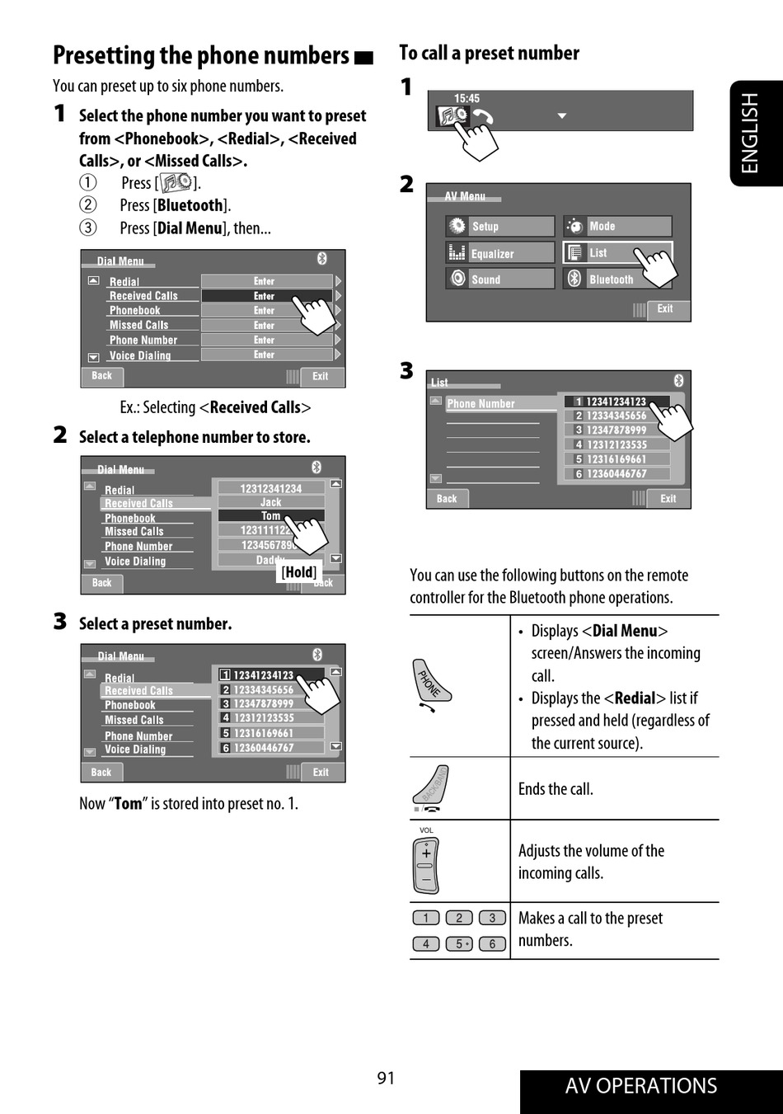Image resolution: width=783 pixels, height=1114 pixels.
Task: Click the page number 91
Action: [x=386, y=1078]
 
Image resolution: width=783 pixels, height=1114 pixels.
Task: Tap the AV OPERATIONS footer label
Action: [x=640, y=1086]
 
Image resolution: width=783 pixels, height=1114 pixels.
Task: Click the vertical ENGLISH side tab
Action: [x=750, y=133]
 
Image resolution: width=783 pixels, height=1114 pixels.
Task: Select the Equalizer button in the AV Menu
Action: [x=500, y=253]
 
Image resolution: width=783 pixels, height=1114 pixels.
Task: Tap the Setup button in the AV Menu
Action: [x=500, y=226]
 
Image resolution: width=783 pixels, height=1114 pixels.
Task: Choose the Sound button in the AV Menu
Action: [x=500, y=280]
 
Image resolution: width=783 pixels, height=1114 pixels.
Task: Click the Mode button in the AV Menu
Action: [x=617, y=226]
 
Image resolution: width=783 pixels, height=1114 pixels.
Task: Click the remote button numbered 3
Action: [x=492, y=918]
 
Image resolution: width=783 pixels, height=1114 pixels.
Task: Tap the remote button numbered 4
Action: [x=425, y=944]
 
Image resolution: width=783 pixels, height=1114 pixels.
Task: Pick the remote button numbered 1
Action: [x=425, y=918]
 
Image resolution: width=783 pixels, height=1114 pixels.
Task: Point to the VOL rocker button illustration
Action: [x=426, y=866]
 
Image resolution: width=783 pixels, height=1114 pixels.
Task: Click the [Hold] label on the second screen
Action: [x=298, y=572]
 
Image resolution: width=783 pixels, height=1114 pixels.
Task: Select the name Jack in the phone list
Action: [x=270, y=502]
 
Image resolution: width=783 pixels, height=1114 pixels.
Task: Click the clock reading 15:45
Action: [x=467, y=98]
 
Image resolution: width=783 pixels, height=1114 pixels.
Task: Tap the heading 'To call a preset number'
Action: [x=489, y=54]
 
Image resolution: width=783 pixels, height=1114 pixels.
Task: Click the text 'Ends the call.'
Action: [x=556, y=789]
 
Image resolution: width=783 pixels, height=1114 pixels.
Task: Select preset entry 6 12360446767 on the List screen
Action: [x=616, y=474]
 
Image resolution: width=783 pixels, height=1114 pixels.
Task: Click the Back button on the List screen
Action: [x=447, y=499]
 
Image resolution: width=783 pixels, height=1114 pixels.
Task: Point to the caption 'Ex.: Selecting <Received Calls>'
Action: [x=215, y=407]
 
